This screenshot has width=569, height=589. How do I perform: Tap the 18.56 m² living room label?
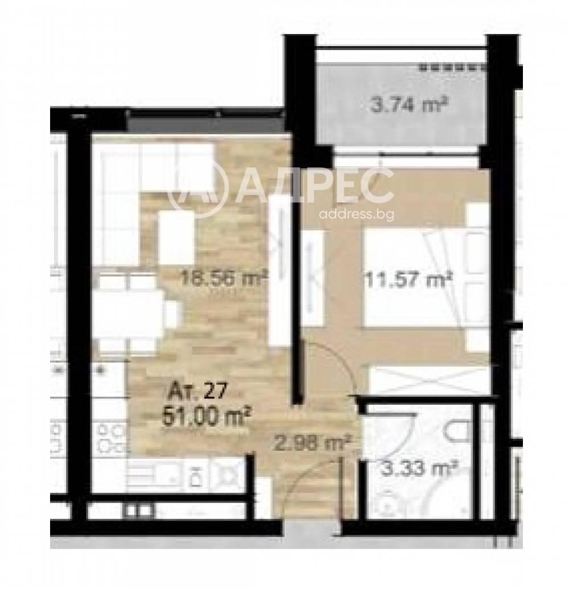(224, 278)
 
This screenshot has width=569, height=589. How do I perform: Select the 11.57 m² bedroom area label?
(408, 279)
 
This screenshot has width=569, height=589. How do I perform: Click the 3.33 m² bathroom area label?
(419, 469)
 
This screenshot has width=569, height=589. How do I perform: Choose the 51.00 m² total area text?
(206, 417)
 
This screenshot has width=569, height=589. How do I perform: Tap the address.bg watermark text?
(356, 215)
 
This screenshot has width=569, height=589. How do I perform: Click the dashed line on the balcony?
(453, 68)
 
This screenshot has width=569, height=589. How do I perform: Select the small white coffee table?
(176, 237)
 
